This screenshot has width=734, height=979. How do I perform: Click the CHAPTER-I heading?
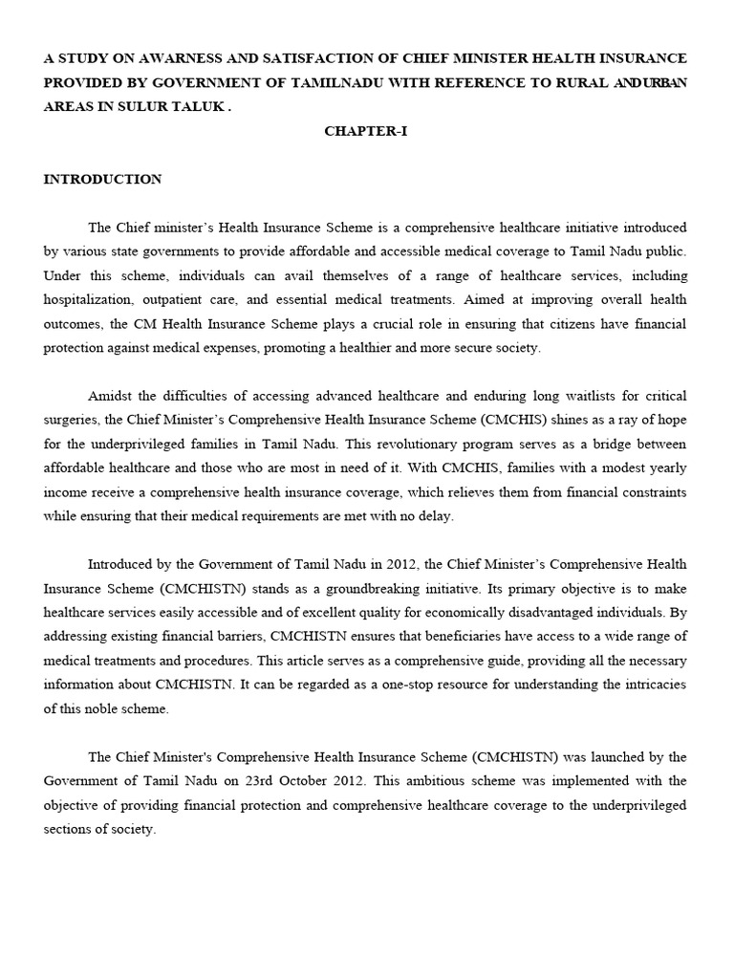click(366, 131)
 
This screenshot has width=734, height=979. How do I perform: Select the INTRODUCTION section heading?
click(102, 179)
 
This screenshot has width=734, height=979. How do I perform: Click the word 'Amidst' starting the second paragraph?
click(113, 395)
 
